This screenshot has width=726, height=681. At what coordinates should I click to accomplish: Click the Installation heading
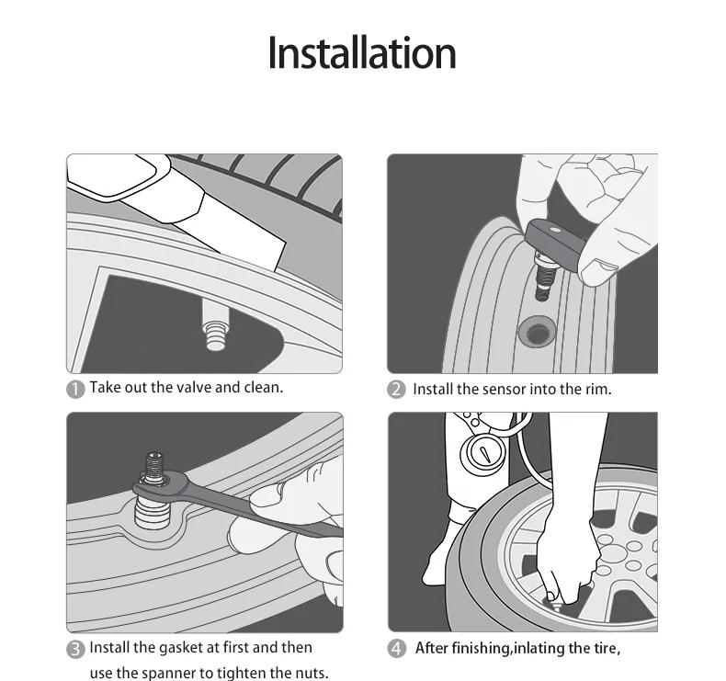pos(362,53)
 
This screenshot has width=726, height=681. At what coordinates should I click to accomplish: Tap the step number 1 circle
pos(75,390)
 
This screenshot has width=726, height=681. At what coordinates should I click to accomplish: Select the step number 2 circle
pos(396,390)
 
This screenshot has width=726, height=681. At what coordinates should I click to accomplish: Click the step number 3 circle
pos(75,649)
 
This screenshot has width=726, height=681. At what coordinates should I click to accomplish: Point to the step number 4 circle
pos(396,649)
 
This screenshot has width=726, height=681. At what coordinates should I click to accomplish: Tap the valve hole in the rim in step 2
pos(537,331)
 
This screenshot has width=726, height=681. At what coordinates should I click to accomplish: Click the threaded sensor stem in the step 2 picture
pos(540,278)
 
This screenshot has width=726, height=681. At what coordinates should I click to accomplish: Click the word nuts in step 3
pos(312,674)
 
